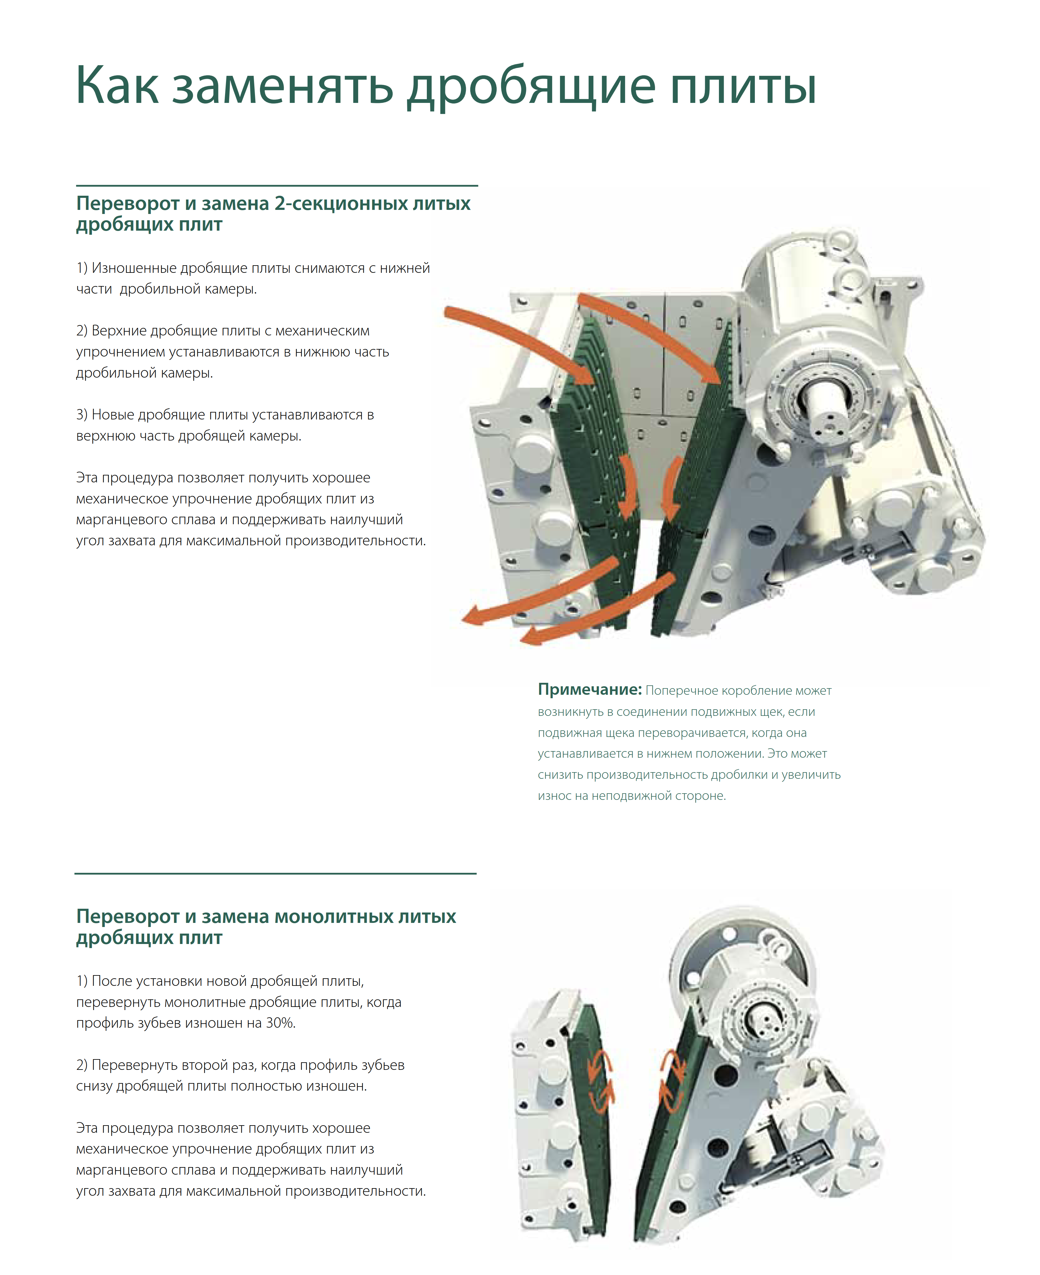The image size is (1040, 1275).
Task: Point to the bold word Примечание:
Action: (590, 690)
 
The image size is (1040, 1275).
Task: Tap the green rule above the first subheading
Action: (277, 186)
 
